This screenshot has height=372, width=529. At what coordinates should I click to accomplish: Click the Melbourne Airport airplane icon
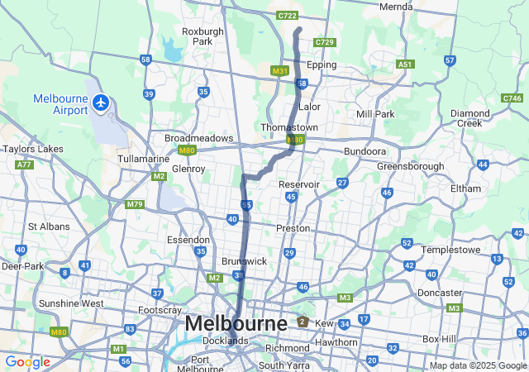101,103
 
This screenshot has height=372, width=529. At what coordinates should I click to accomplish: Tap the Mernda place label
395,7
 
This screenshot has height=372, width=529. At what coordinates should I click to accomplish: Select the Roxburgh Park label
203,36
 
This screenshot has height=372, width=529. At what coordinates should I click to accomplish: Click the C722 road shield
288,15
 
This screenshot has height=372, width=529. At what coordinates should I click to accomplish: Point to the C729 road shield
325,42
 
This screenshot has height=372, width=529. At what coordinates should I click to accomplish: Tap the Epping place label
322,64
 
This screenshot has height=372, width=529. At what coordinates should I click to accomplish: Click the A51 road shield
405,64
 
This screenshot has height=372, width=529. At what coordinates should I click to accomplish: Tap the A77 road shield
23,165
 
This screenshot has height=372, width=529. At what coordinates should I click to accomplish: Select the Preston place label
293,227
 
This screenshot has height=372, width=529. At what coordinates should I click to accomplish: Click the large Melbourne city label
236,323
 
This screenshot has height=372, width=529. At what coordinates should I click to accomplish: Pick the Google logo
27,362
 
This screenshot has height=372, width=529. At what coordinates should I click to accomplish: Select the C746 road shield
512,98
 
